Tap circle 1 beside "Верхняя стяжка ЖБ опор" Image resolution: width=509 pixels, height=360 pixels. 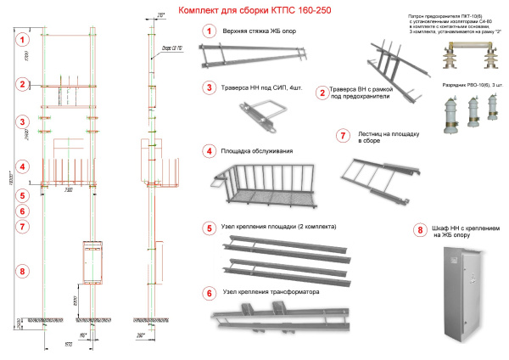tap(208, 31)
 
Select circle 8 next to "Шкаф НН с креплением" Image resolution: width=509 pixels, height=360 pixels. tap(419, 229)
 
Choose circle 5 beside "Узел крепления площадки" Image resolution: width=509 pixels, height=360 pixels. tap(208, 228)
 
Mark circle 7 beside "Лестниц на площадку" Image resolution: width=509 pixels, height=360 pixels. tap(343, 135)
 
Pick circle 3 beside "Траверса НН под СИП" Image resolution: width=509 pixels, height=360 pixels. tap(208, 87)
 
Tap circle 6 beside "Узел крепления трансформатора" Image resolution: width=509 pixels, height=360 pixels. tap(208, 294)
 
